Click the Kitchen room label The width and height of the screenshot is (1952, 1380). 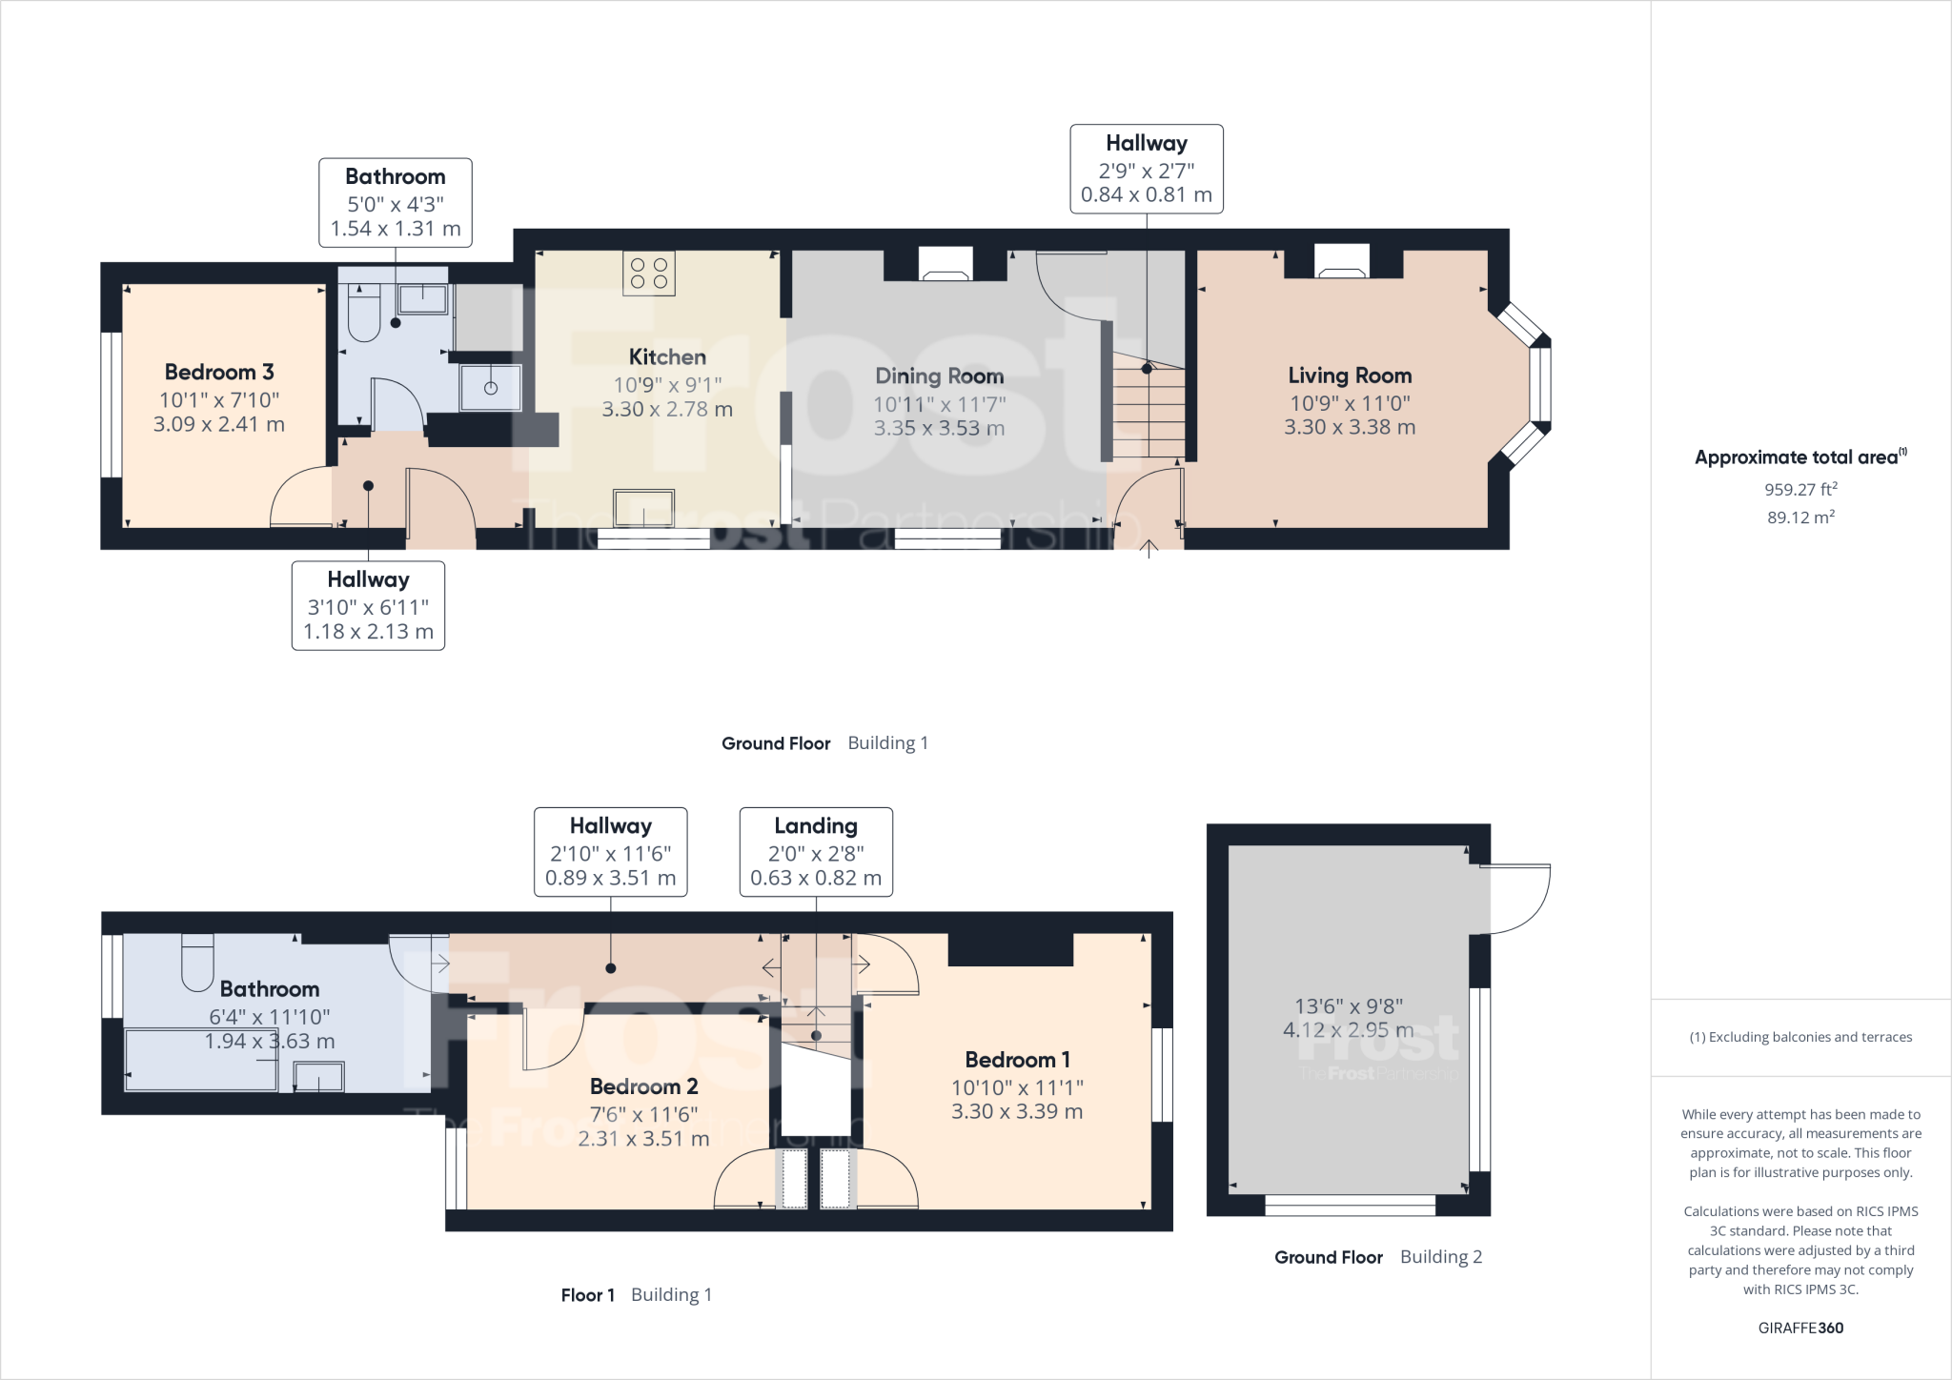(x=667, y=357)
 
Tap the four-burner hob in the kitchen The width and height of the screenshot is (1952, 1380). (x=649, y=274)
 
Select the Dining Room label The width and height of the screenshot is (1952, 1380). (x=939, y=376)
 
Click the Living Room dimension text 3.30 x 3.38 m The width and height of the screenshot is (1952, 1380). (x=1349, y=427)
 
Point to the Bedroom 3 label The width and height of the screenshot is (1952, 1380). (x=219, y=373)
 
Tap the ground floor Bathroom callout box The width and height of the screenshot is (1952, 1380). (x=395, y=202)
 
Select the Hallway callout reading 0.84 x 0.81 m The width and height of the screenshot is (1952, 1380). (x=1146, y=169)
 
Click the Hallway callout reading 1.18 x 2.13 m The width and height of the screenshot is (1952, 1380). (x=368, y=605)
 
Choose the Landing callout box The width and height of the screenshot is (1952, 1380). (x=816, y=851)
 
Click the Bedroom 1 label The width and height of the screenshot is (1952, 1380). (x=1017, y=1060)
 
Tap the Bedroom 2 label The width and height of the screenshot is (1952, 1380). (x=643, y=1086)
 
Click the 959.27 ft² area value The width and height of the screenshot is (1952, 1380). (x=1800, y=490)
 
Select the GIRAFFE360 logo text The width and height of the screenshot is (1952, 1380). (x=1800, y=1328)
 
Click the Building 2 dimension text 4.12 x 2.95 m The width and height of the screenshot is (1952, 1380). (x=1348, y=1030)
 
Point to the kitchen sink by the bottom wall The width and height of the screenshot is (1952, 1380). (x=644, y=507)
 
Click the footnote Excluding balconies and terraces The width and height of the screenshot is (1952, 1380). (x=1800, y=1037)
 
